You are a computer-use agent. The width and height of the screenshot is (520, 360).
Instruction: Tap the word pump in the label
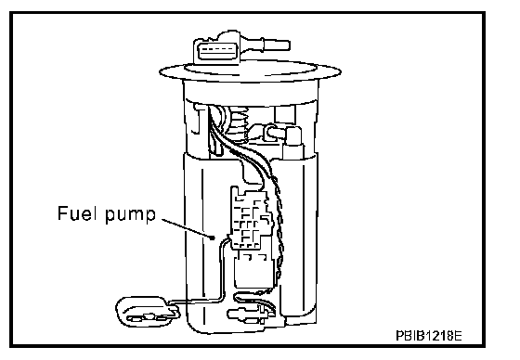coord(130,215)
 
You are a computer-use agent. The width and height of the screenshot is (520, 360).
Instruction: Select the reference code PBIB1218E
coord(428,336)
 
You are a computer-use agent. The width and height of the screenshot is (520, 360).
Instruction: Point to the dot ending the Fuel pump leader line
coord(213,238)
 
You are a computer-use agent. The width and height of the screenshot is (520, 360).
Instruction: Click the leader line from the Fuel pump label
coord(187,227)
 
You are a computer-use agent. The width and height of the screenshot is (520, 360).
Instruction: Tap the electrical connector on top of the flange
coord(217,51)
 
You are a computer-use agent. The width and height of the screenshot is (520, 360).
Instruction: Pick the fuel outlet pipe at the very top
coord(266,45)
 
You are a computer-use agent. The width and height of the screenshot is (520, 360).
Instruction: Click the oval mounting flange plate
coord(250,71)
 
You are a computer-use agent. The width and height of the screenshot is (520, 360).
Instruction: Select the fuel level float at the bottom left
coord(148,312)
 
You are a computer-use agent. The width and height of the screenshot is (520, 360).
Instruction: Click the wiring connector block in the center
coord(251,218)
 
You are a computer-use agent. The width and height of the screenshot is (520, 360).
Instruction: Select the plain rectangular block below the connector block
coord(253,270)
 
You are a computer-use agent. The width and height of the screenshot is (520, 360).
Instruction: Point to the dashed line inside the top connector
coord(217,49)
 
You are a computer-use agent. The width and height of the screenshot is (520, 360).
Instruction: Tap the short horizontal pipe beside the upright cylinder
coord(275,131)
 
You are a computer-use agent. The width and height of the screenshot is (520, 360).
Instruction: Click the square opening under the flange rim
coord(284,114)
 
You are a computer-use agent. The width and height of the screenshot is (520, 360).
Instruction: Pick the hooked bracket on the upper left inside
coord(197,120)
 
